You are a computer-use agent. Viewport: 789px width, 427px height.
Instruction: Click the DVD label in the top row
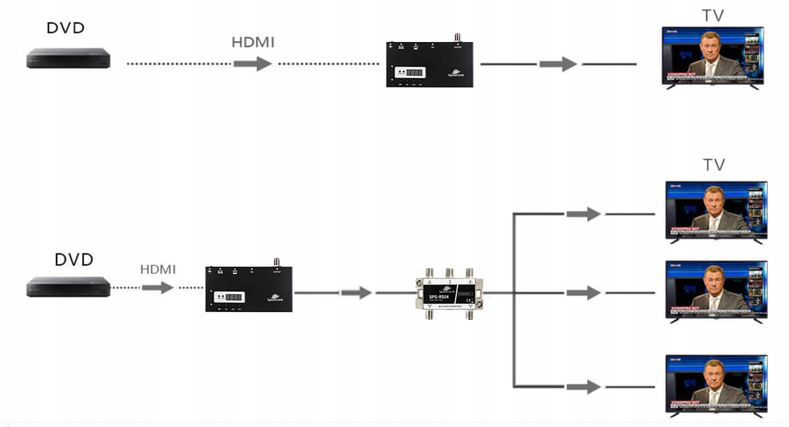pyautogui.click(x=66, y=28)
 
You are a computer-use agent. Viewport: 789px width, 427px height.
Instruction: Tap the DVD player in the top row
pyautogui.click(x=68, y=58)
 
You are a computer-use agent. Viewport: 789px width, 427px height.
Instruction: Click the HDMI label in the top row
pyautogui.click(x=253, y=43)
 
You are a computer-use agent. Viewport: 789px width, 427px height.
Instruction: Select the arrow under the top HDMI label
pyautogui.click(x=253, y=64)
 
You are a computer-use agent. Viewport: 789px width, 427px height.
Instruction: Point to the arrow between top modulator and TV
pyautogui.click(x=558, y=64)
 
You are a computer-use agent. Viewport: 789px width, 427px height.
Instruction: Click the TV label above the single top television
pyautogui.click(x=713, y=16)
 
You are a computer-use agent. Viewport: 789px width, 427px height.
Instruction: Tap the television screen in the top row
pyautogui.click(x=713, y=55)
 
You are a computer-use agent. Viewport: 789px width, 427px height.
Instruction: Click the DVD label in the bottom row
pyautogui.click(x=74, y=259)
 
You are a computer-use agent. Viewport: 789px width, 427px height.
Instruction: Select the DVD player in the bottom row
pyautogui.click(x=68, y=287)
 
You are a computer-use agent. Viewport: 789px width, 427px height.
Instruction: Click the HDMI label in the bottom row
pyautogui.click(x=158, y=269)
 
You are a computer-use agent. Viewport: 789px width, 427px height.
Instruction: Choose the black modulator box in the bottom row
pyautogui.click(x=249, y=288)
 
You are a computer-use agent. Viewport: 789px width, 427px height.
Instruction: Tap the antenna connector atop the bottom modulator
pyautogui.click(x=276, y=262)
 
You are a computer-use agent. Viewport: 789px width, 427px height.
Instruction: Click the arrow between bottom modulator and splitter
pyautogui.click(x=356, y=293)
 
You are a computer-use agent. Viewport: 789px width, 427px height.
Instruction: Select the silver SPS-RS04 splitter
pyautogui.click(x=449, y=293)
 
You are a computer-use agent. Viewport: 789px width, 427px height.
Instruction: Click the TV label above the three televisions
pyautogui.click(x=713, y=165)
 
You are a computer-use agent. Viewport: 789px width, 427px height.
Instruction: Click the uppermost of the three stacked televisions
pyautogui.click(x=716, y=210)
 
